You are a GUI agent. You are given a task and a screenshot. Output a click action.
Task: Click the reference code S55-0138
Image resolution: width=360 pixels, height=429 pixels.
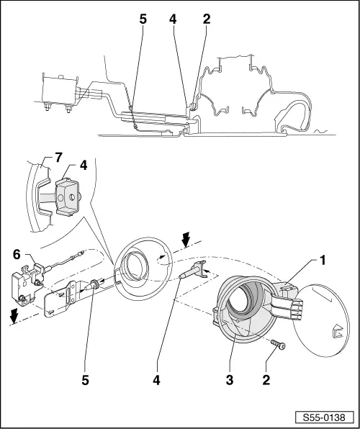point(323,417)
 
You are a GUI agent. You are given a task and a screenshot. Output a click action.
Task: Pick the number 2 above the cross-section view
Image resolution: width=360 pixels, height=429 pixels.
point(207,19)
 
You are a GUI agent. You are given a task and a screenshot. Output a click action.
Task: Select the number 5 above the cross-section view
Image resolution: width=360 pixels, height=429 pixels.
point(143,19)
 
